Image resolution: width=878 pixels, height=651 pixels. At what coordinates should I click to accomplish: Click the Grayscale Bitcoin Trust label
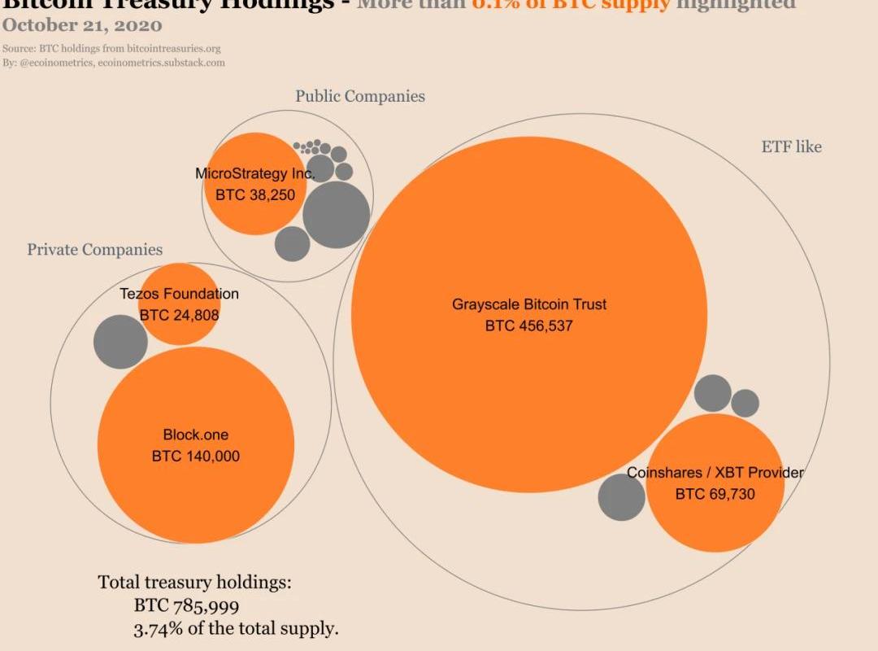pos(529,304)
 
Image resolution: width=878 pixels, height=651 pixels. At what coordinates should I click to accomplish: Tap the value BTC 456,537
pos(529,326)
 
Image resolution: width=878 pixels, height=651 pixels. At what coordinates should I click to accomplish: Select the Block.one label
pos(196,435)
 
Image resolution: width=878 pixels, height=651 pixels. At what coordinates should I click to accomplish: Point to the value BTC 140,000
pos(196,457)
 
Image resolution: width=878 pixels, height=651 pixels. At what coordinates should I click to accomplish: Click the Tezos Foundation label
pos(180,294)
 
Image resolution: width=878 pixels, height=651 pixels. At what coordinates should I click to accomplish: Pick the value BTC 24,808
pos(180,315)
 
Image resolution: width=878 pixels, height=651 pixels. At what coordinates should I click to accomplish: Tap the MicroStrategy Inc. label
pos(254,173)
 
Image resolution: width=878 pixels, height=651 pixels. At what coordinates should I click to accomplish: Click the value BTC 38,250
pos(255,195)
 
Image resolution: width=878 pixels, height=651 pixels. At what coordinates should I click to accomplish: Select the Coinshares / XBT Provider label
pos(715,472)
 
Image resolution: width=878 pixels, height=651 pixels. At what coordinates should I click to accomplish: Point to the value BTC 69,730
pos(715,493)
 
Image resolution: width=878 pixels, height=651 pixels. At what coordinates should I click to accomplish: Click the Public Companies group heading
pos(360,96)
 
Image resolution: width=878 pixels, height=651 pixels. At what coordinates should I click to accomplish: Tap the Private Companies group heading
pos(95,250)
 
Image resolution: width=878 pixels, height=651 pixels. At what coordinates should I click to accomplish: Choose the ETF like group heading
pos(791,146)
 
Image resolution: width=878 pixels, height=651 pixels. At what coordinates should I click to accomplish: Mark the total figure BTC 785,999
pos(186,605)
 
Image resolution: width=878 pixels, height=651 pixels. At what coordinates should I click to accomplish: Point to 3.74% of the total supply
pos(236,628)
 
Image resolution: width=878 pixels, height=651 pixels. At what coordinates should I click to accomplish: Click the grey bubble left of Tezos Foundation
pos(120,342)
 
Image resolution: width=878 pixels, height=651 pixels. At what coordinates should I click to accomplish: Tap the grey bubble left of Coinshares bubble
pos(621,496)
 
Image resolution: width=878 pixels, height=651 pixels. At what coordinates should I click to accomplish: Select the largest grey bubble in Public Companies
pos(337,215)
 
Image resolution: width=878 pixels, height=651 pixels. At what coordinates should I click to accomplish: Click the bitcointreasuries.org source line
pos(111,49)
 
